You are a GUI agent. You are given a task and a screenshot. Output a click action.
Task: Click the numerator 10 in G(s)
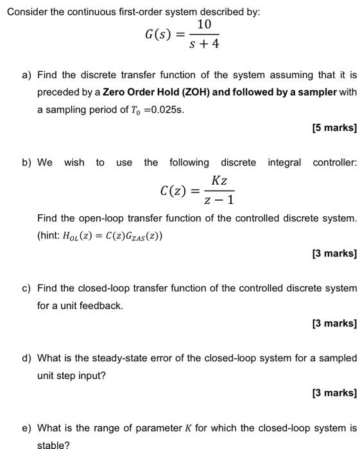pyautogui.click(x=205, y=24)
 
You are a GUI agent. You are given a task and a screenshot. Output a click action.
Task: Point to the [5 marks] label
pyautogui.click(x=334, y=128)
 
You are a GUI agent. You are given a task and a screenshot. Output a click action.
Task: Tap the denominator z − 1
pyautogui.click(x=219, y=200)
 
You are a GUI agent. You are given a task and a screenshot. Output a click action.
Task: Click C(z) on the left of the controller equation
pyautogui.click(x=174, y=191)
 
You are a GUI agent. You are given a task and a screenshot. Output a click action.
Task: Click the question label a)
pyautogui.click(x=27, y=75)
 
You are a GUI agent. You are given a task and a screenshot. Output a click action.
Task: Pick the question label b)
pyautogui.click(x=27, y=162)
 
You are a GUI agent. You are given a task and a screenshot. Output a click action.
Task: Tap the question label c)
pyautogui.click(x=27, y=288)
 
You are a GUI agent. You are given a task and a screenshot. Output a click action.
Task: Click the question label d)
pyautogui.click(x=27, y=358)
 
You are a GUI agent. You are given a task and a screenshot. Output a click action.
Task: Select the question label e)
pyautogui.click(x=27, y=428)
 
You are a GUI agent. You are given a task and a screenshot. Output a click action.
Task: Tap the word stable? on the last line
pyautogui.click(x=53, y=444)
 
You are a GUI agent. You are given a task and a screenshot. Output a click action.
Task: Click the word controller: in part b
pyautogui.click(x=334, y=162)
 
